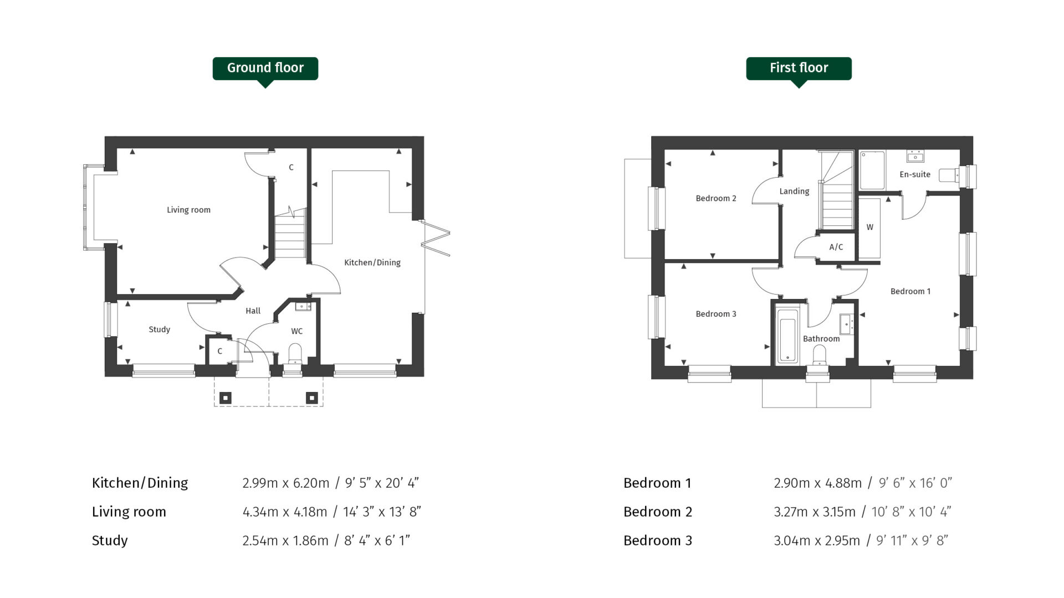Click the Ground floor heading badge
(265, 68)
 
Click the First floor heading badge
(799, 68)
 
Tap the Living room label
(188, 210)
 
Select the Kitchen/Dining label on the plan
(372, 262)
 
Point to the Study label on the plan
(159, 329)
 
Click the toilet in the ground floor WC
(295, 353)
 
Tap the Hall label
(253, 311)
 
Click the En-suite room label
(914, 174)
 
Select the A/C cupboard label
(836, 247)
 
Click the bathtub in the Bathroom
(787, 336)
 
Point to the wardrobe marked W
(869, 228)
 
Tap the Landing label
(794, 192)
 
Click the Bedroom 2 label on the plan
(715, 198)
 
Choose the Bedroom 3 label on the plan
(715, 314)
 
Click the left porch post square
(225, 398)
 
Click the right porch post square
(311, 398)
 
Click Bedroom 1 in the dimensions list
(657, 483)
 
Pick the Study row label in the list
(110, 540)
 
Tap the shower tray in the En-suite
(872, 171)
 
